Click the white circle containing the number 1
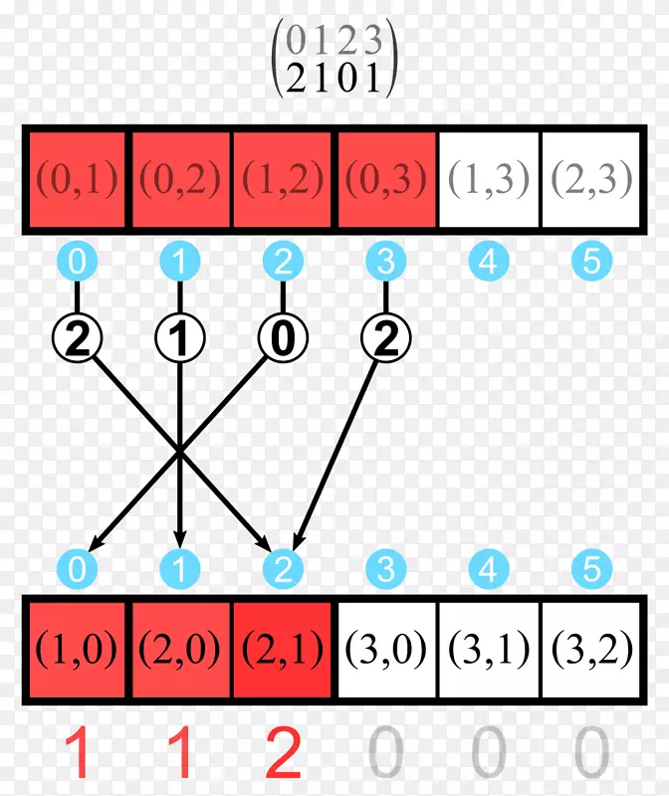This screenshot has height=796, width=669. [x=180, y=341]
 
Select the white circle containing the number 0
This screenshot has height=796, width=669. [x=283, y=341]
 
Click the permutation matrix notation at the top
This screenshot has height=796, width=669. [x=334, y=59]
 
